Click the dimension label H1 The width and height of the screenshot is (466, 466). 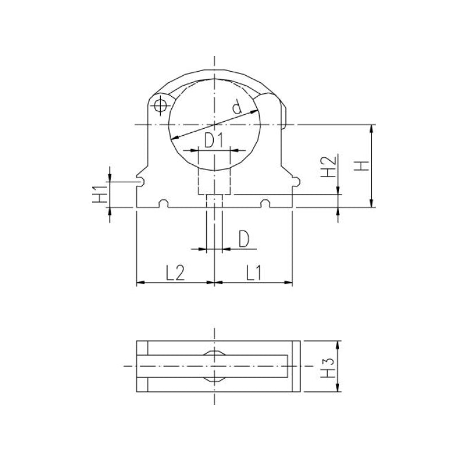coord(100,194)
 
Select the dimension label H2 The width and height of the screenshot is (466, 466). coord(329,167)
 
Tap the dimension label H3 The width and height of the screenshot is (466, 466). coord(330,367)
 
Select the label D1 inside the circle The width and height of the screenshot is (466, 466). coord(214,140)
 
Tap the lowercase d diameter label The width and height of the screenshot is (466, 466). coord(236,107)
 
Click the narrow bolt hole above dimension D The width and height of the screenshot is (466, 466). coord(214,201)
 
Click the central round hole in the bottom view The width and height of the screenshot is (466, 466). coord(214,366)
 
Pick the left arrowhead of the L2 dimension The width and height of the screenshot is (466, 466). coord(139,283)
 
